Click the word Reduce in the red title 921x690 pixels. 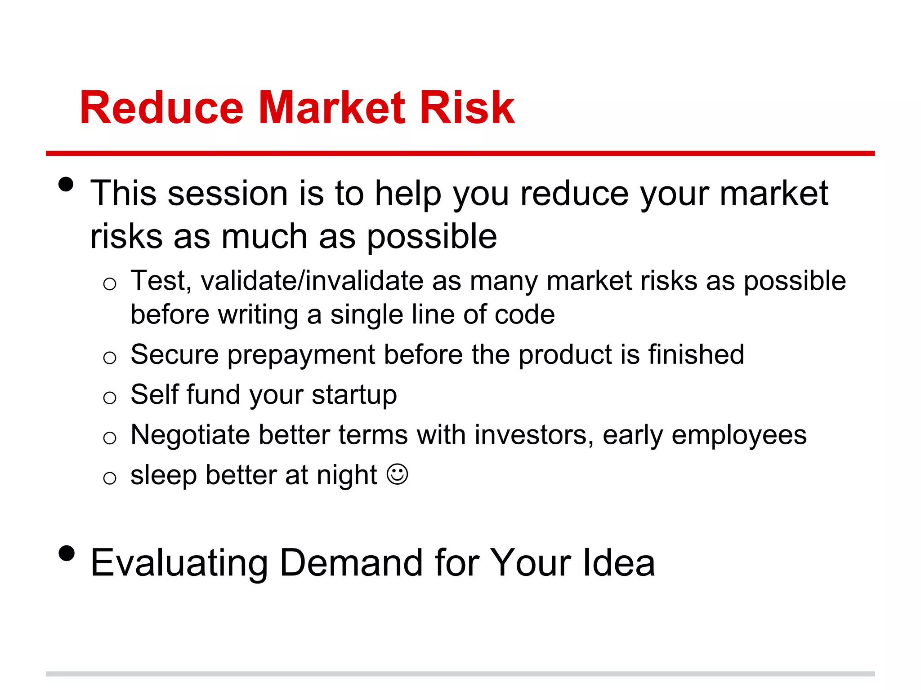(x=161, y=108)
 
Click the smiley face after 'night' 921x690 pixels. (x=398, y=474)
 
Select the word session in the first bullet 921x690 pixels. (x=228, y=193)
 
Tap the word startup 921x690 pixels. (x=354, y=395)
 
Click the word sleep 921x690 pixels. (x=163, y=476)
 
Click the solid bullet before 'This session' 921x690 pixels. (x=66, y=185)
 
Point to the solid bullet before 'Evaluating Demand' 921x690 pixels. (x=66, y=553)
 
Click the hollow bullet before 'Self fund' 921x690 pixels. (x=110, y=398)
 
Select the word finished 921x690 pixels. (x=696, y=354)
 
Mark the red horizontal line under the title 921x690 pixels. (x=460, y=153)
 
